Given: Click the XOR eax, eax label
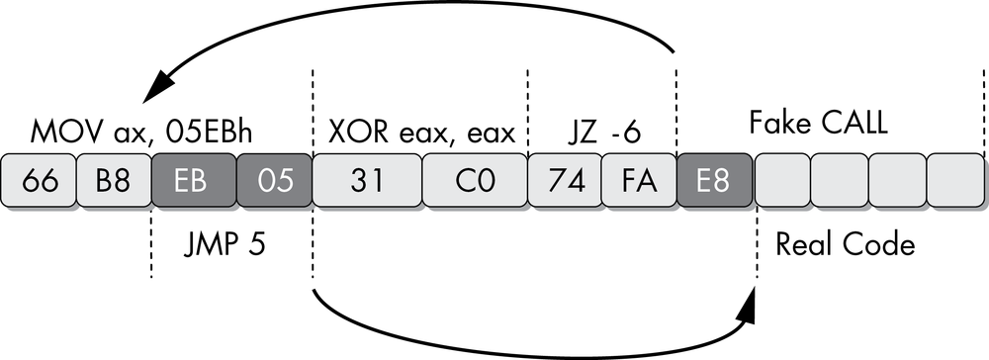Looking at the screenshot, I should (x=421, y=133).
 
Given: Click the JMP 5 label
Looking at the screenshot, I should (x=230, y=243).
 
